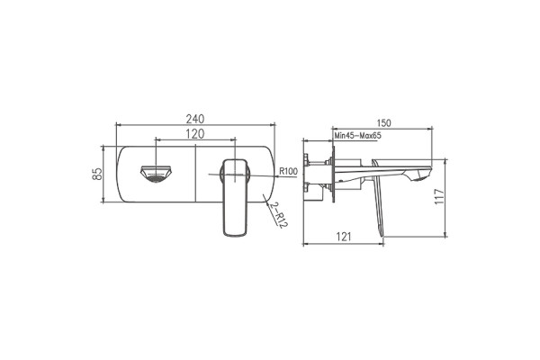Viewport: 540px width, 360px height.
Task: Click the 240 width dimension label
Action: [x=195, y=119]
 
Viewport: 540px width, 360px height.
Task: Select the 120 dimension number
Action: [x=195, y=134]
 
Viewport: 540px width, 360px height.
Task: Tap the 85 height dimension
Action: [x=97, y=174]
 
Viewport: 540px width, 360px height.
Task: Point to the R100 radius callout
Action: [x=289, y=171]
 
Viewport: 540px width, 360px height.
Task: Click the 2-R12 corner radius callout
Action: [x=278, y=215]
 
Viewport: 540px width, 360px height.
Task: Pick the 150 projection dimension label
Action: [x=384, y=123]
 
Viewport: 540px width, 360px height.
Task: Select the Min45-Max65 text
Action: [x=358, y=135]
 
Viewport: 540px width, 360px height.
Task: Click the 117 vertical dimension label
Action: [x=440, y=196]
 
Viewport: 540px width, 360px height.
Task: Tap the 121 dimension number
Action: [x=344, y=237]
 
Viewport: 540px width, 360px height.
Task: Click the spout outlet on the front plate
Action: [x=157, y=174]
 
